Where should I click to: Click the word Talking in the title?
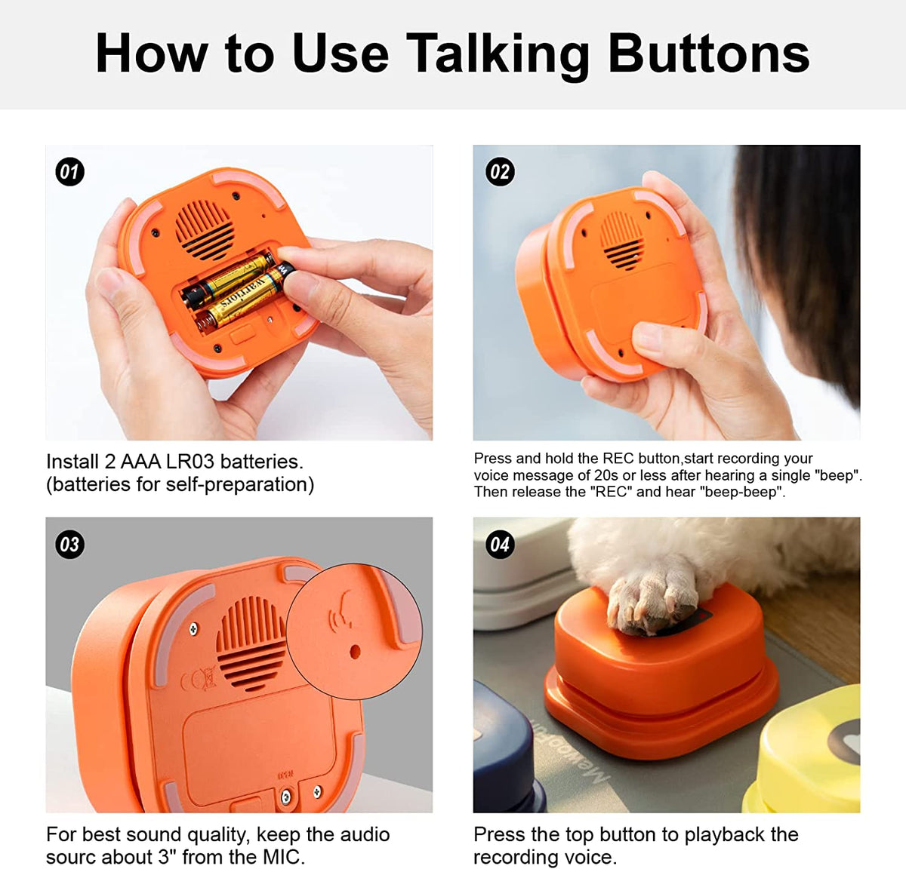click(x=499, y=54)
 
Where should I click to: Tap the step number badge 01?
click(x=69, y=172)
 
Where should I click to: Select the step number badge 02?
click(x=500, y=172)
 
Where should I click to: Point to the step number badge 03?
click(x=69, y=545)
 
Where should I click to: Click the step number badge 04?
click(x=500, y=545)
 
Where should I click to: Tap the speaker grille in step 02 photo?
click(x=623, y=240)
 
